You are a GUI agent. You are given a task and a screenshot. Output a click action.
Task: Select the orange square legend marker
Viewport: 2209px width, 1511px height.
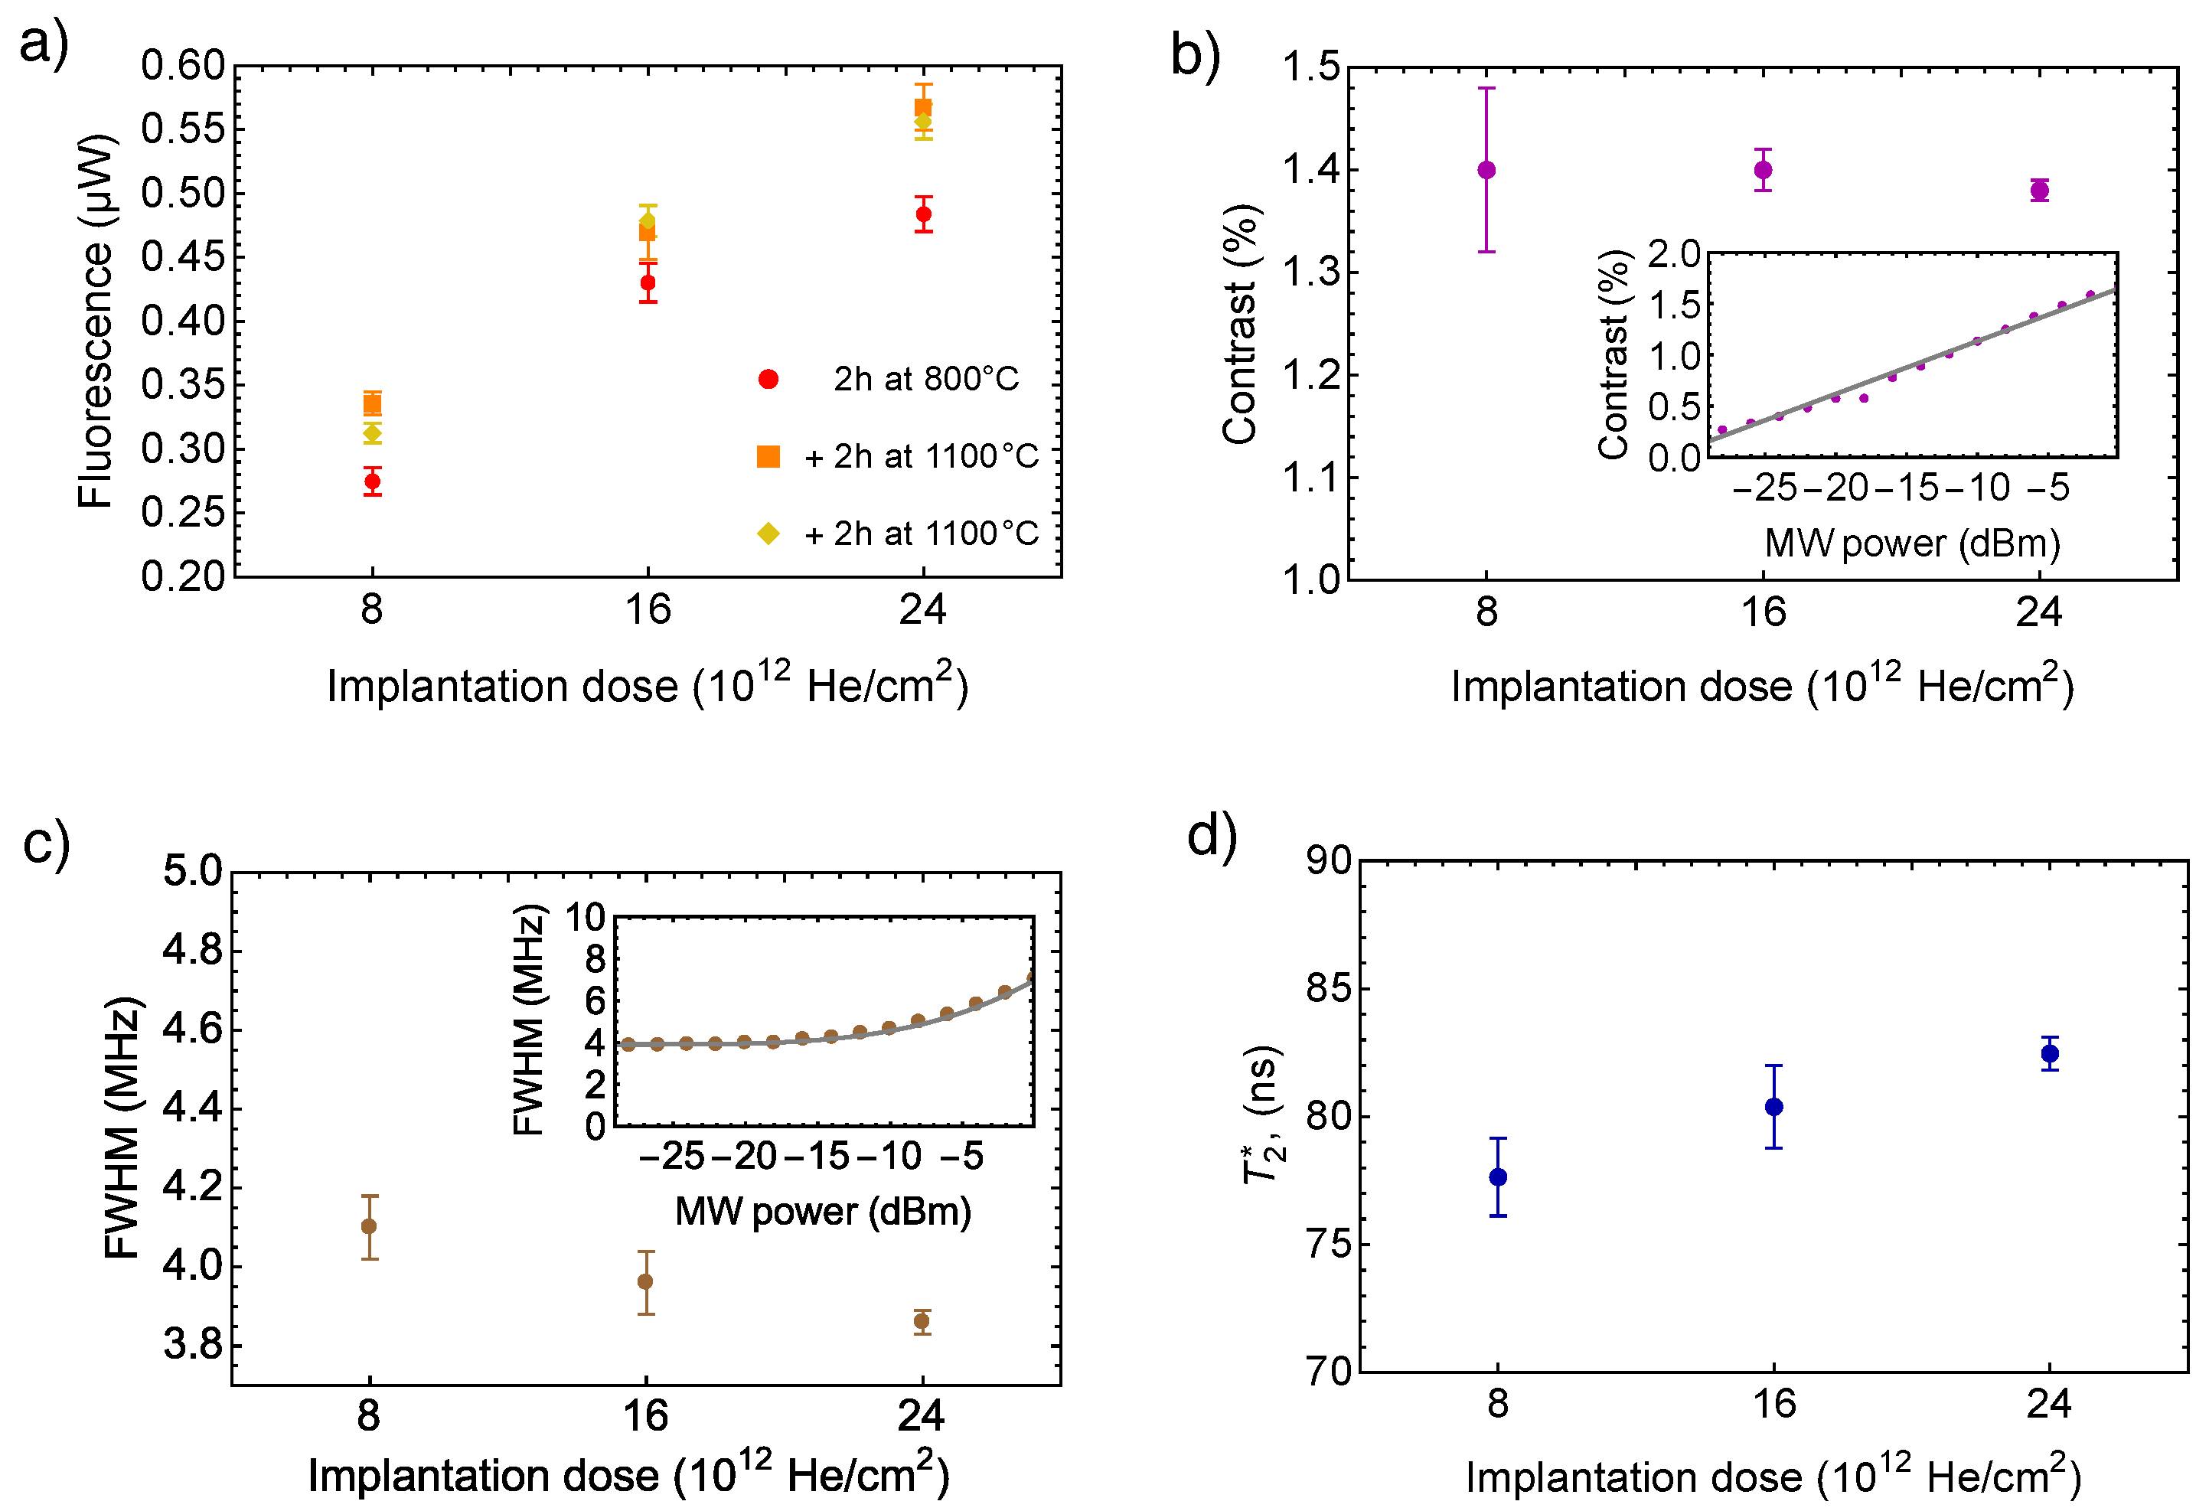pyautogui.click(x=768, y=457)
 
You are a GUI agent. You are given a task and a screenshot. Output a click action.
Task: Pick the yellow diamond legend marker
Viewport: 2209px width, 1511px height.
pyautogui.click(x=768, y=534)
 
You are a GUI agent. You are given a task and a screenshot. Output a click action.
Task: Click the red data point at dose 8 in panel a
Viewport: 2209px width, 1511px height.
pyautogui.click(x=373, y=481)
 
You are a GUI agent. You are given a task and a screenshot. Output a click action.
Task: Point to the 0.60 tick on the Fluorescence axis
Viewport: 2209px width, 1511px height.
pyautogui.click(x=182, y=66)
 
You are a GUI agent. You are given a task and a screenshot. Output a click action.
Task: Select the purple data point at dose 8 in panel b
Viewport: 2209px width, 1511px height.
pyautogui.click(x=1486, y=171)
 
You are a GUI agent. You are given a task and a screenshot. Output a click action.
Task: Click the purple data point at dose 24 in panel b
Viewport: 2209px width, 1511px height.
pyautogui.click(x=2039, y=191)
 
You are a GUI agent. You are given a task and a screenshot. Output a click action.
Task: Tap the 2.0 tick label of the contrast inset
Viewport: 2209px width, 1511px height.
pyautogui.click(x=1674, y=253)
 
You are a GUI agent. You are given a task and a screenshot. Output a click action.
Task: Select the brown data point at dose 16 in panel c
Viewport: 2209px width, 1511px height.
pyautogui.click(x=645, y=1282)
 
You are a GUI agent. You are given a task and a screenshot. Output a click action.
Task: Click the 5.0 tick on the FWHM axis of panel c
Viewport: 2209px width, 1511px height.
pyautogui.click(x=193, y=871)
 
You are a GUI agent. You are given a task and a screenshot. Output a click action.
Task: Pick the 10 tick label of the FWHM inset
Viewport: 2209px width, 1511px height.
pyautogui.click(x=586, y=918)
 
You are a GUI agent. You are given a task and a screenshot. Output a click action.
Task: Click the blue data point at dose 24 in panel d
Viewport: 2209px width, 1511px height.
pyautogui.click(x=2049, y=1054)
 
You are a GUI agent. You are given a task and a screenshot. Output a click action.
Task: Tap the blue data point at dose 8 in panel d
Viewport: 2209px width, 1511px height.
pyautogui.click(x=1498, y=1177)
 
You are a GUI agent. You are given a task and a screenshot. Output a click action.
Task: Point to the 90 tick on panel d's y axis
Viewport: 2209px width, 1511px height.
pyautogui.click(x=1329, y=861)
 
